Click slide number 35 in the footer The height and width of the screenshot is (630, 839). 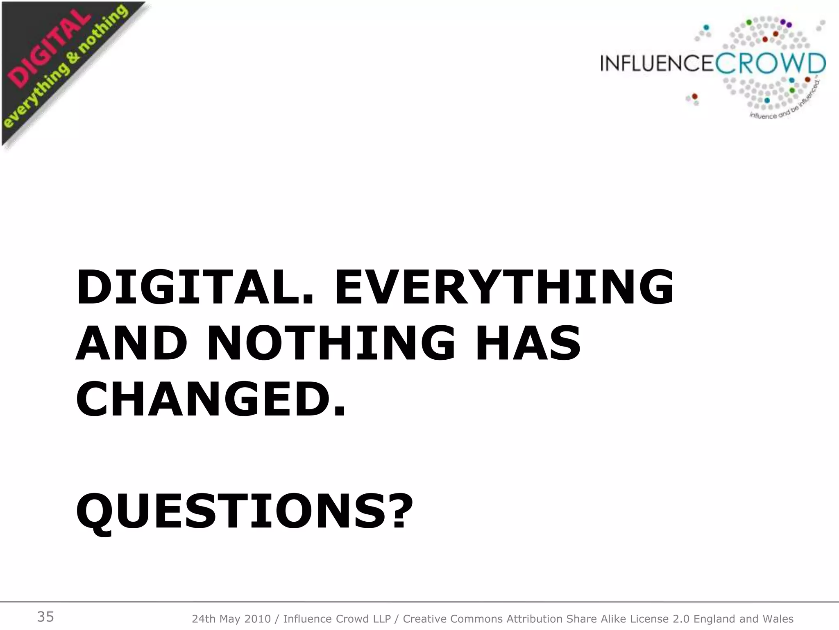click(x=45, y=617)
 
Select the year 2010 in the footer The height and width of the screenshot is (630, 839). click(x=257, y=619)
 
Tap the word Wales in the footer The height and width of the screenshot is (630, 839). click(x=778, y=619)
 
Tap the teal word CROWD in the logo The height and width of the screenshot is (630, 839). click(x=771, y=64)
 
